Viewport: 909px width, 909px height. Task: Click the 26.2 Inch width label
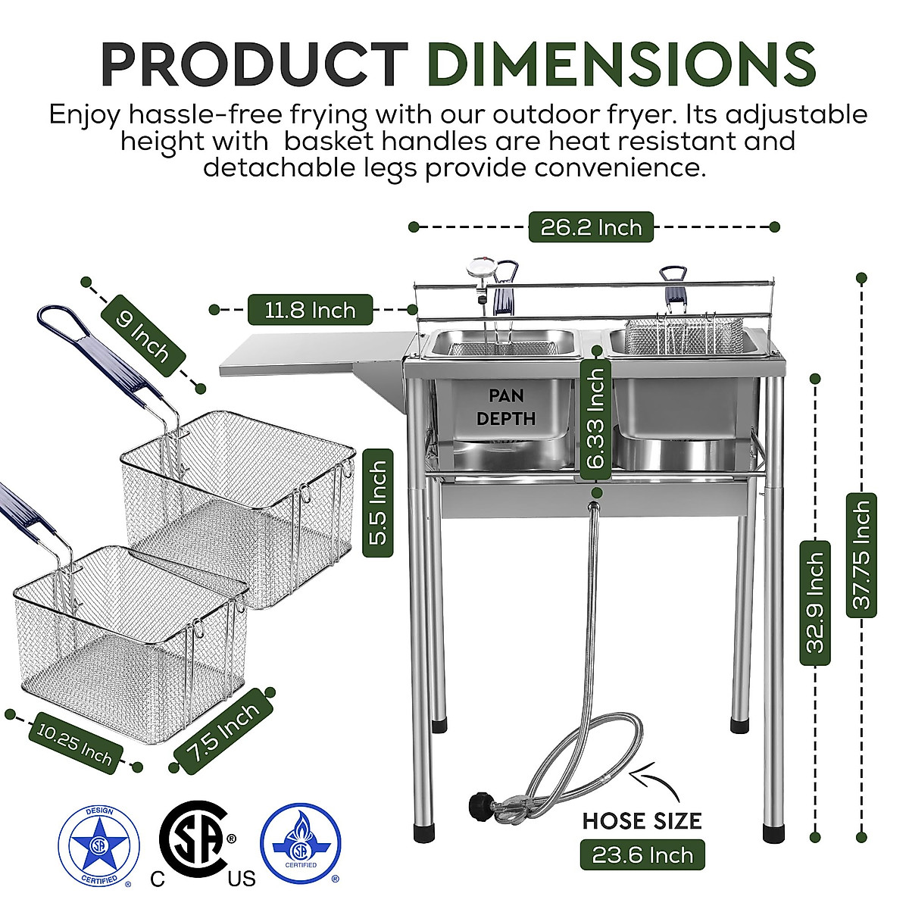pyautogui.click(x=591, y=227)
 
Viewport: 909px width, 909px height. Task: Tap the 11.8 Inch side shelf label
pyautogui.click(x=310, y=310)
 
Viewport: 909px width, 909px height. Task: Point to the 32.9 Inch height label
pyautogui.click(x=815, y=603)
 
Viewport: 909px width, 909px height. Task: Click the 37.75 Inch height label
pyautogui.click(x=861, y=554)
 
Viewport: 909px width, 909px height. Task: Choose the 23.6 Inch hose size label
pyautogui.click(x=642, y=855)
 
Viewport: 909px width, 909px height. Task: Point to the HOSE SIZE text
pyautogui.click(x=642, y=820)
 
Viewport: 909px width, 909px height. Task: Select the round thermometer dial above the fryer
pyautogui.click(x=479, y=268)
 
